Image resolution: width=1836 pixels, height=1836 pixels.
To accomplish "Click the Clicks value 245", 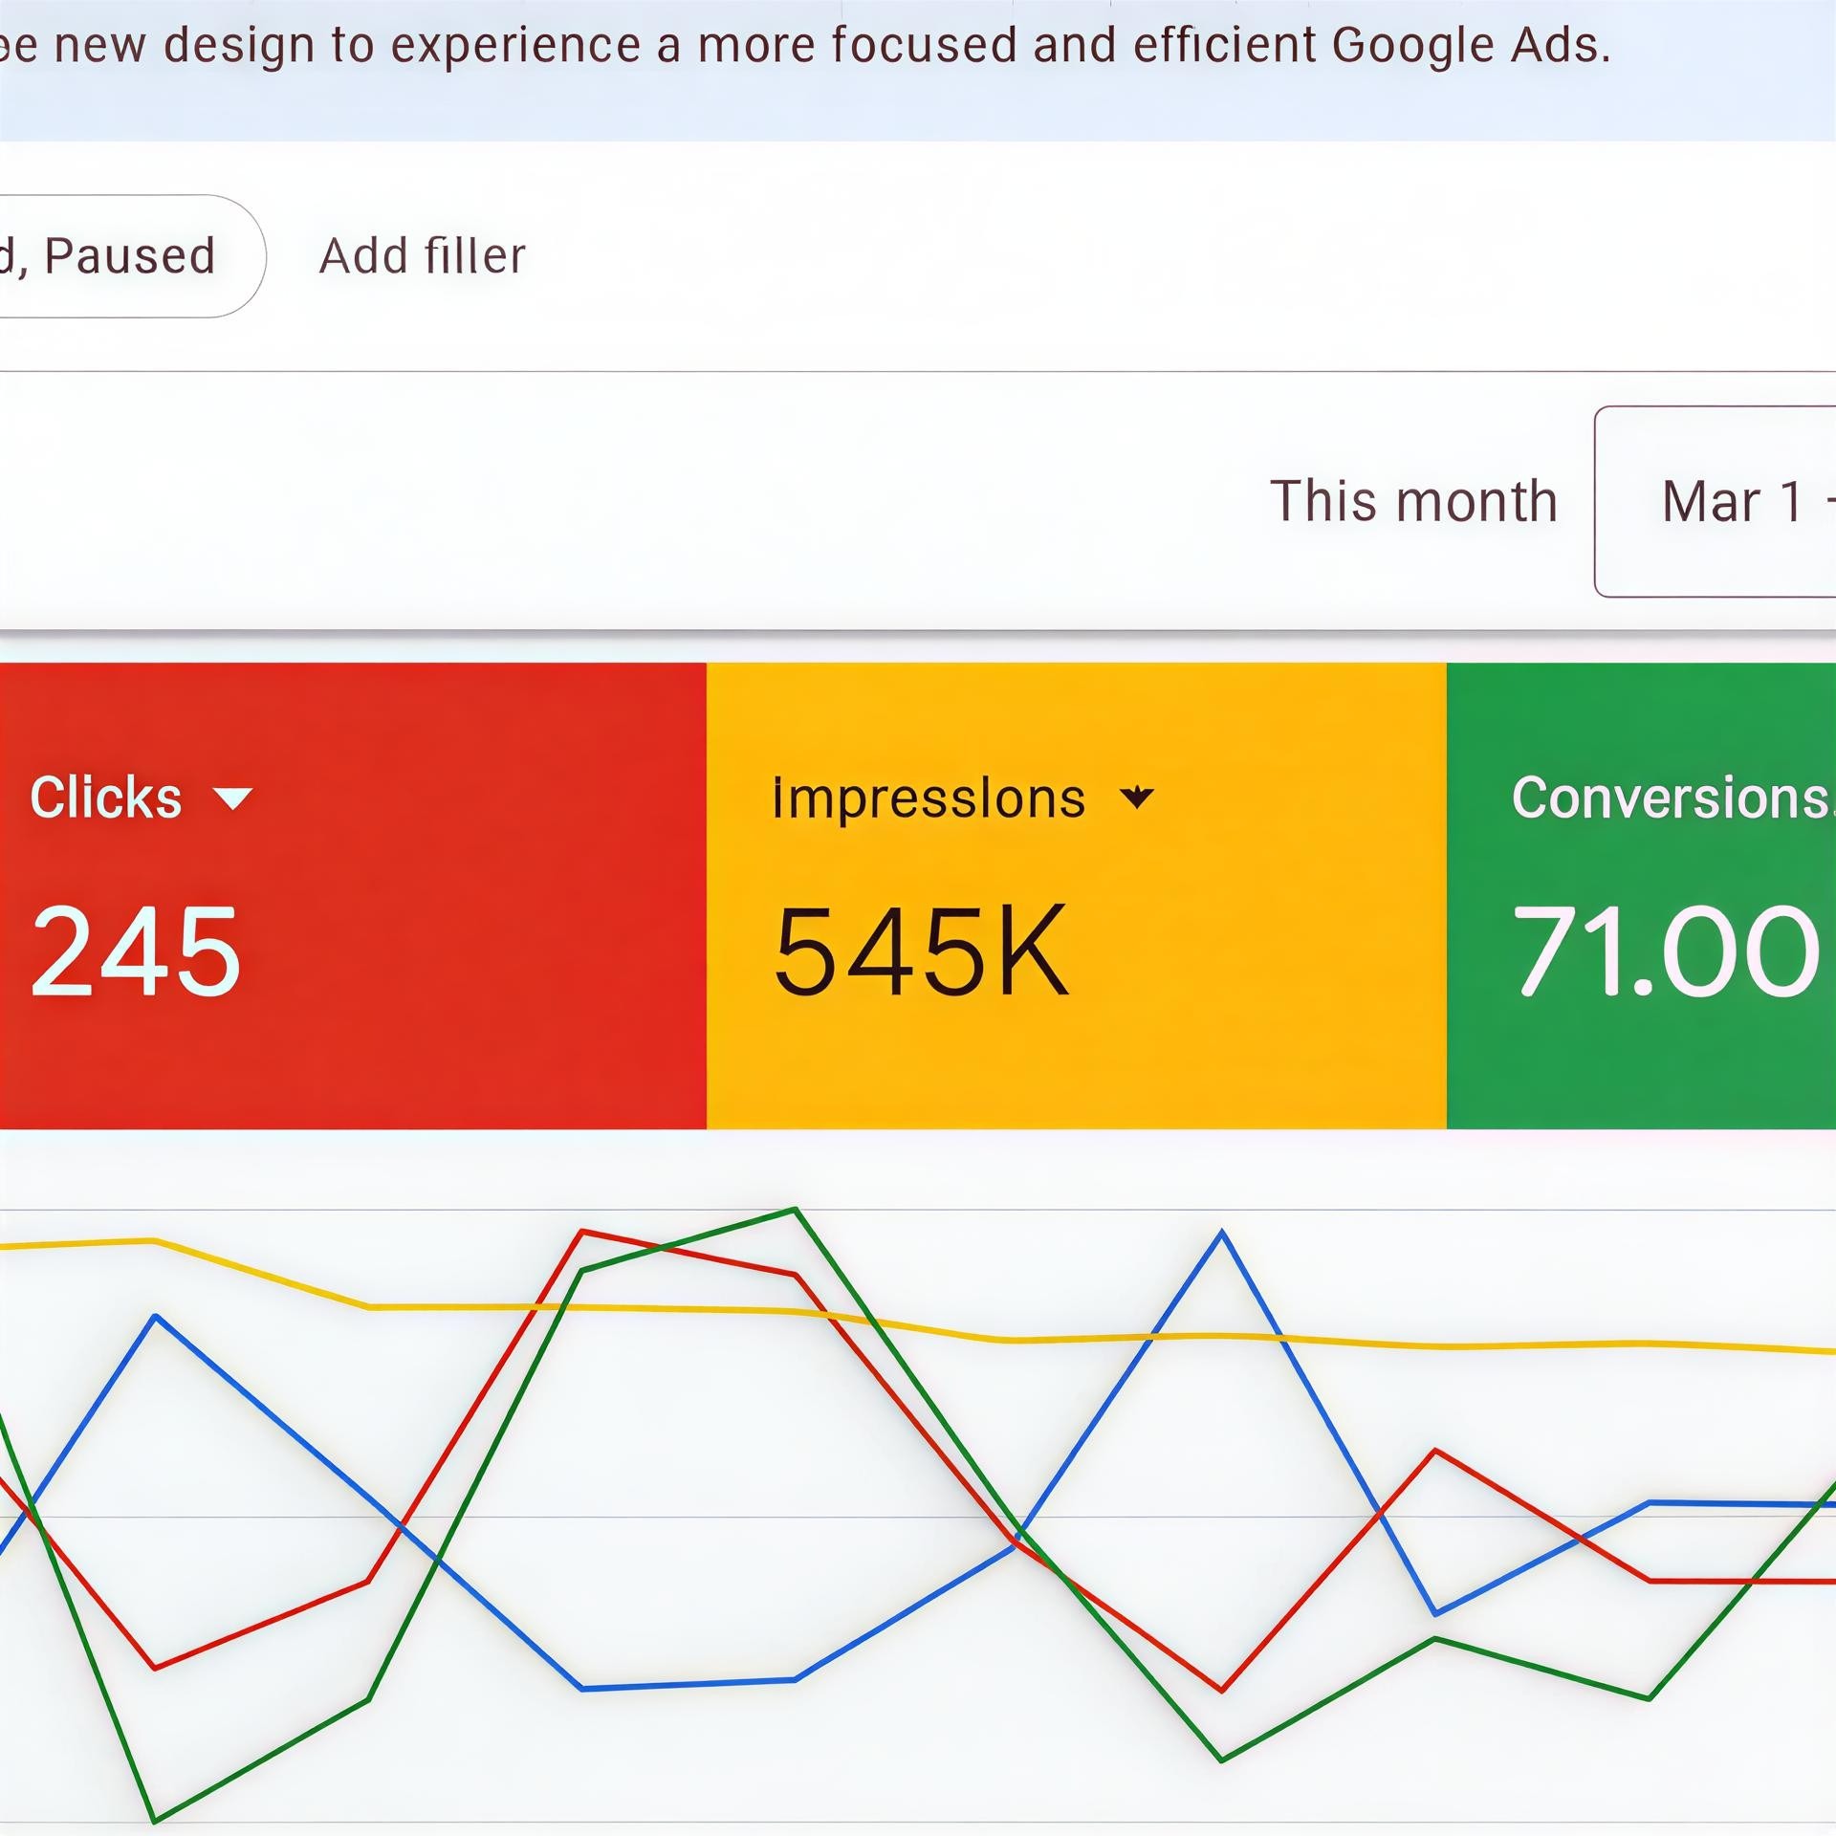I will coord(135,951).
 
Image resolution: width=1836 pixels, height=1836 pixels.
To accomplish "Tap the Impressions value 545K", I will coord(920,951).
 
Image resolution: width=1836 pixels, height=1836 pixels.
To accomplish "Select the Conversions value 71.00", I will coord(1664,951).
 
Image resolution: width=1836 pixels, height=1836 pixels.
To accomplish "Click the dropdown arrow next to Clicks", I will coord(232,798).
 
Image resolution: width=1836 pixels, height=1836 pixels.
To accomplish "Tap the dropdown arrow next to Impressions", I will coord(1136,798).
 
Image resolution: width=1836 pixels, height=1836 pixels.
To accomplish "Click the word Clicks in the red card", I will coord(105,798).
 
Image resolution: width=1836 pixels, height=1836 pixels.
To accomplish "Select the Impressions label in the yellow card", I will coord(928,798).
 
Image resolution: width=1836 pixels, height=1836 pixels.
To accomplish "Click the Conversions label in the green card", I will coord(1669,798).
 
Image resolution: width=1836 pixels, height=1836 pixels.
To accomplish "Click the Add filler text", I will coord(422,256).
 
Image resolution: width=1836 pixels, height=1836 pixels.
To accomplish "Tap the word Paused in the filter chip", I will coord(130,256).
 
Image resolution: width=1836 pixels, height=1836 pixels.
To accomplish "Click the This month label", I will coord(1413,501).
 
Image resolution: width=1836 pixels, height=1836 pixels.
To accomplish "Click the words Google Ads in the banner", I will coord(1471,45).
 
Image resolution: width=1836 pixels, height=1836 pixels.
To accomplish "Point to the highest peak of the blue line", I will coord(1221,1234).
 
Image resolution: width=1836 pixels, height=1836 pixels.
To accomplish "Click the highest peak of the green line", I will coord(795,1210).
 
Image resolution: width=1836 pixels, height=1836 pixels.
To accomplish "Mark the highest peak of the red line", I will coord(582,1232).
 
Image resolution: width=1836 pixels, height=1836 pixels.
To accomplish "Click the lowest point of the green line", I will coord(155,1820).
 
